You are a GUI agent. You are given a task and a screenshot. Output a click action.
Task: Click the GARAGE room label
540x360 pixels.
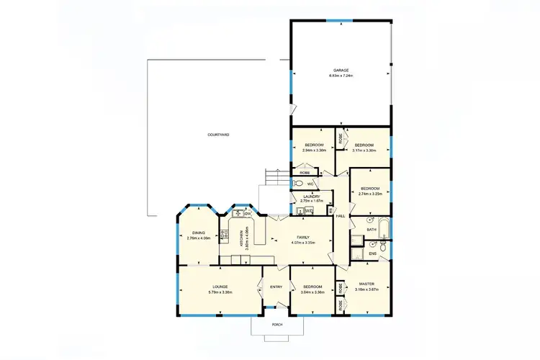341,70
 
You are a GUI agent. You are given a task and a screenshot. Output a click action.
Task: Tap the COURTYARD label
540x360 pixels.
218,135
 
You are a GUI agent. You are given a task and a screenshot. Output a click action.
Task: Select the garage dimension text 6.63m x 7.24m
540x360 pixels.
341,75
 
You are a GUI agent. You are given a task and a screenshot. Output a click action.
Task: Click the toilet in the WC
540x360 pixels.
299,184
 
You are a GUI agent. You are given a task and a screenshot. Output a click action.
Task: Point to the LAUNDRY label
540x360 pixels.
311,196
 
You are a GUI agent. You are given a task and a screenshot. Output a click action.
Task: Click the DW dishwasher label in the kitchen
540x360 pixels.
247,214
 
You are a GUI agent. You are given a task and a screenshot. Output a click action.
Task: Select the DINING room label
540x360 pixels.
199,233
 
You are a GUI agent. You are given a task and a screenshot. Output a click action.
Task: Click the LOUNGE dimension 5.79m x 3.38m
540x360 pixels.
220,292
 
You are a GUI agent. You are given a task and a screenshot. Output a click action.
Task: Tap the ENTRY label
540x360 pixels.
276,287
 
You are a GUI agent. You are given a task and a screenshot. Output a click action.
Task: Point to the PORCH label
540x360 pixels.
277,325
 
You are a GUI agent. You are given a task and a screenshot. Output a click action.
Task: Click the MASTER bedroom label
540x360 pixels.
366,284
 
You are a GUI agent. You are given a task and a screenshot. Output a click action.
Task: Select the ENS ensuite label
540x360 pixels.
372,253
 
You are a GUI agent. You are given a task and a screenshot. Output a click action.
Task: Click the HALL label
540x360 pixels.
341,216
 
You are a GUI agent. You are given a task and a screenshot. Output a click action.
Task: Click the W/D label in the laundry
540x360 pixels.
308,211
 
